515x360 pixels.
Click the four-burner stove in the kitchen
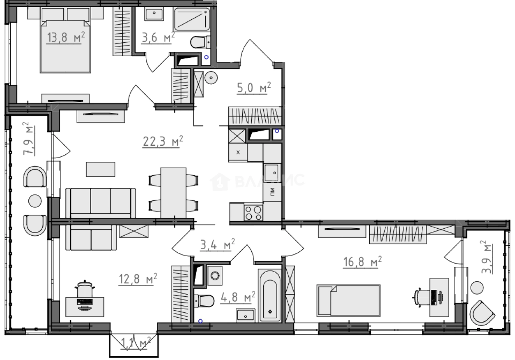point(253,212)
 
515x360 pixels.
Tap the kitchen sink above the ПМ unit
point(272,171)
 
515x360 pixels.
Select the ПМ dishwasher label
point(272,191)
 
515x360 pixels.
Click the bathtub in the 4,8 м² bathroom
point(270,295)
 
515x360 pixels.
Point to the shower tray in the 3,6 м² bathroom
point(191,19)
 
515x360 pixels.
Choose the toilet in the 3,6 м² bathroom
point(200,42)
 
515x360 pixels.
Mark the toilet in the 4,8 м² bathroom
point(204,301)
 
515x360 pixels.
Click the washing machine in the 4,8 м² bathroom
point(214,275)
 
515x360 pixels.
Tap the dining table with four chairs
point(173,192)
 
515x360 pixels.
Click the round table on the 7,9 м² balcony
point(34,201)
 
